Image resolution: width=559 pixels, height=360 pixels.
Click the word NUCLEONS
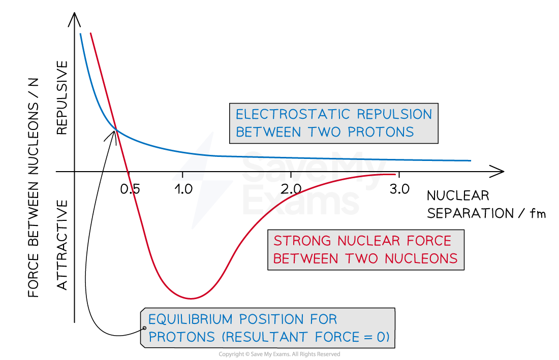coord(421,258)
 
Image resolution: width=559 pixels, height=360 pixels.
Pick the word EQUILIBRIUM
coord(191,319)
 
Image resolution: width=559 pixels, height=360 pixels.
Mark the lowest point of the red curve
coord(191,298)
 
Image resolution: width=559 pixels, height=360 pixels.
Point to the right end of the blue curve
coord(470,160)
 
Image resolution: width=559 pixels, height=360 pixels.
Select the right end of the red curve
coord(395,174)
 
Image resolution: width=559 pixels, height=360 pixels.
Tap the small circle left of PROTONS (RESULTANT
coord(144,329)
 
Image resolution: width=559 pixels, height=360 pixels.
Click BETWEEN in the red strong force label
coord(306,258)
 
